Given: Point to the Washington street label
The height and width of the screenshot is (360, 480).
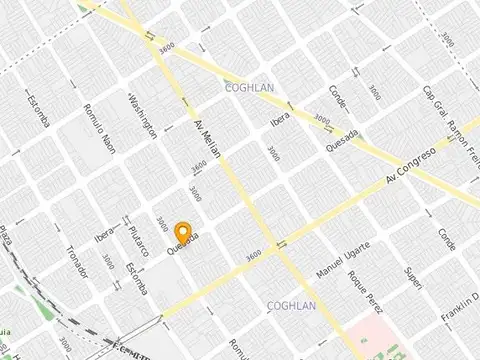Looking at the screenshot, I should (143, 115).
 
